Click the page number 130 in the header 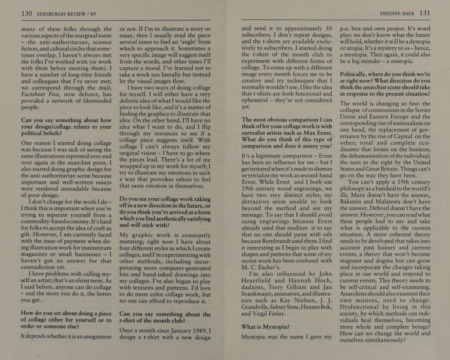(27, 14)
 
